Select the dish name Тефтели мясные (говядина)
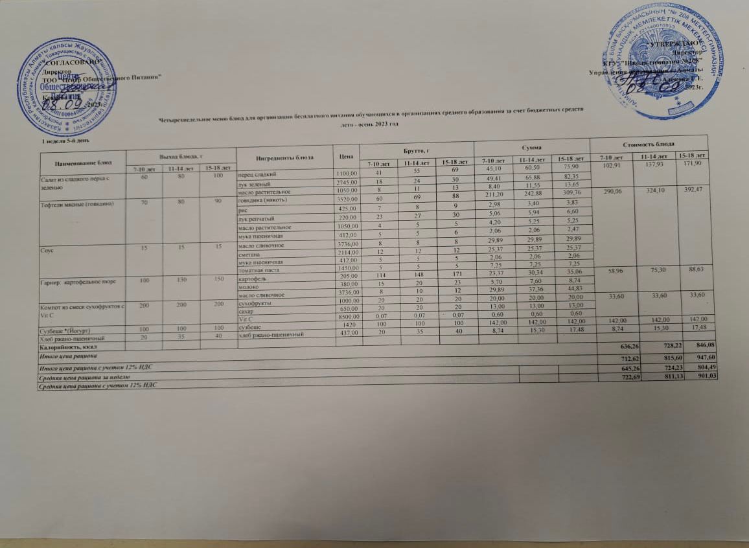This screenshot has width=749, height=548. [x=70, y=205]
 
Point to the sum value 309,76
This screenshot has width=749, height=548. [x=571, y=192]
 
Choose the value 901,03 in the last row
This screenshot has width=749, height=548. [x=705, y=379]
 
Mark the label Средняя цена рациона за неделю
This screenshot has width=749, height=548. [x=85, y=376]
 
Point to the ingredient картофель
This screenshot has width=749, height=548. [x=255, y=279]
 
